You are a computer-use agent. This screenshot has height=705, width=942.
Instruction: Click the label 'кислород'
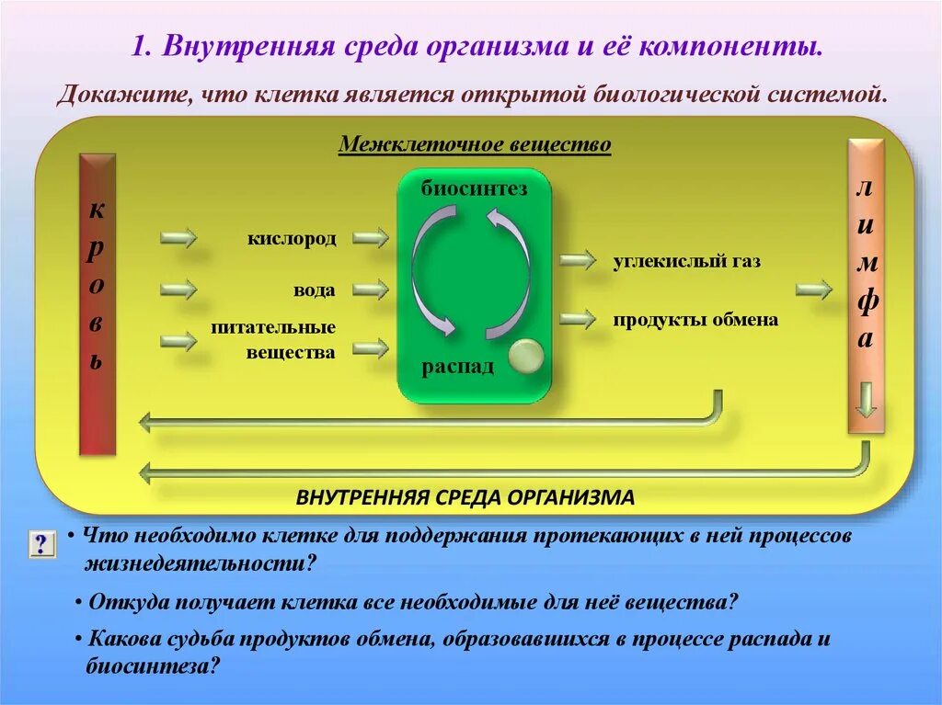pos(291,239)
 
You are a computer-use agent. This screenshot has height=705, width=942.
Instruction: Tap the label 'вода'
pos(314,290)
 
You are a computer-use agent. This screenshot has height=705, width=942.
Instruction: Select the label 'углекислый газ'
pos(687,262)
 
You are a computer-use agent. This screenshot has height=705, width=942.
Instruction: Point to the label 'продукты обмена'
pos(695,320)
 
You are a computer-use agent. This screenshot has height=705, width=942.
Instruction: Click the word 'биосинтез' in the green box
pos(474,189)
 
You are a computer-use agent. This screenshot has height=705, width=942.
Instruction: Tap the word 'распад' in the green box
pos(457,367)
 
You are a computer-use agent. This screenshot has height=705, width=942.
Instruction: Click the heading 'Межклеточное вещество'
pos(475,145)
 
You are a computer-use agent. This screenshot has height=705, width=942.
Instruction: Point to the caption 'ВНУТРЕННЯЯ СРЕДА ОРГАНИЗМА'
pos(465,497)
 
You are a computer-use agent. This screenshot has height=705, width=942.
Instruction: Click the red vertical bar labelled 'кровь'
pos(97,303)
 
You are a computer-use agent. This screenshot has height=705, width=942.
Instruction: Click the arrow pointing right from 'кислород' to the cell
pos(370,238)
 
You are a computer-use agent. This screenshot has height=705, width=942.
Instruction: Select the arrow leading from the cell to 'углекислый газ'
pos(578,260)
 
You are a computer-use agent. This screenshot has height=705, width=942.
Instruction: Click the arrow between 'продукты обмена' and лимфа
pos(813,290)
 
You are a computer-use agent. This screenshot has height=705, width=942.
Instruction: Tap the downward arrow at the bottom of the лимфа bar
pos(866,400)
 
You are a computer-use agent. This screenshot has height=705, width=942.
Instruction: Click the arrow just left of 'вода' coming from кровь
pos(178,290)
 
